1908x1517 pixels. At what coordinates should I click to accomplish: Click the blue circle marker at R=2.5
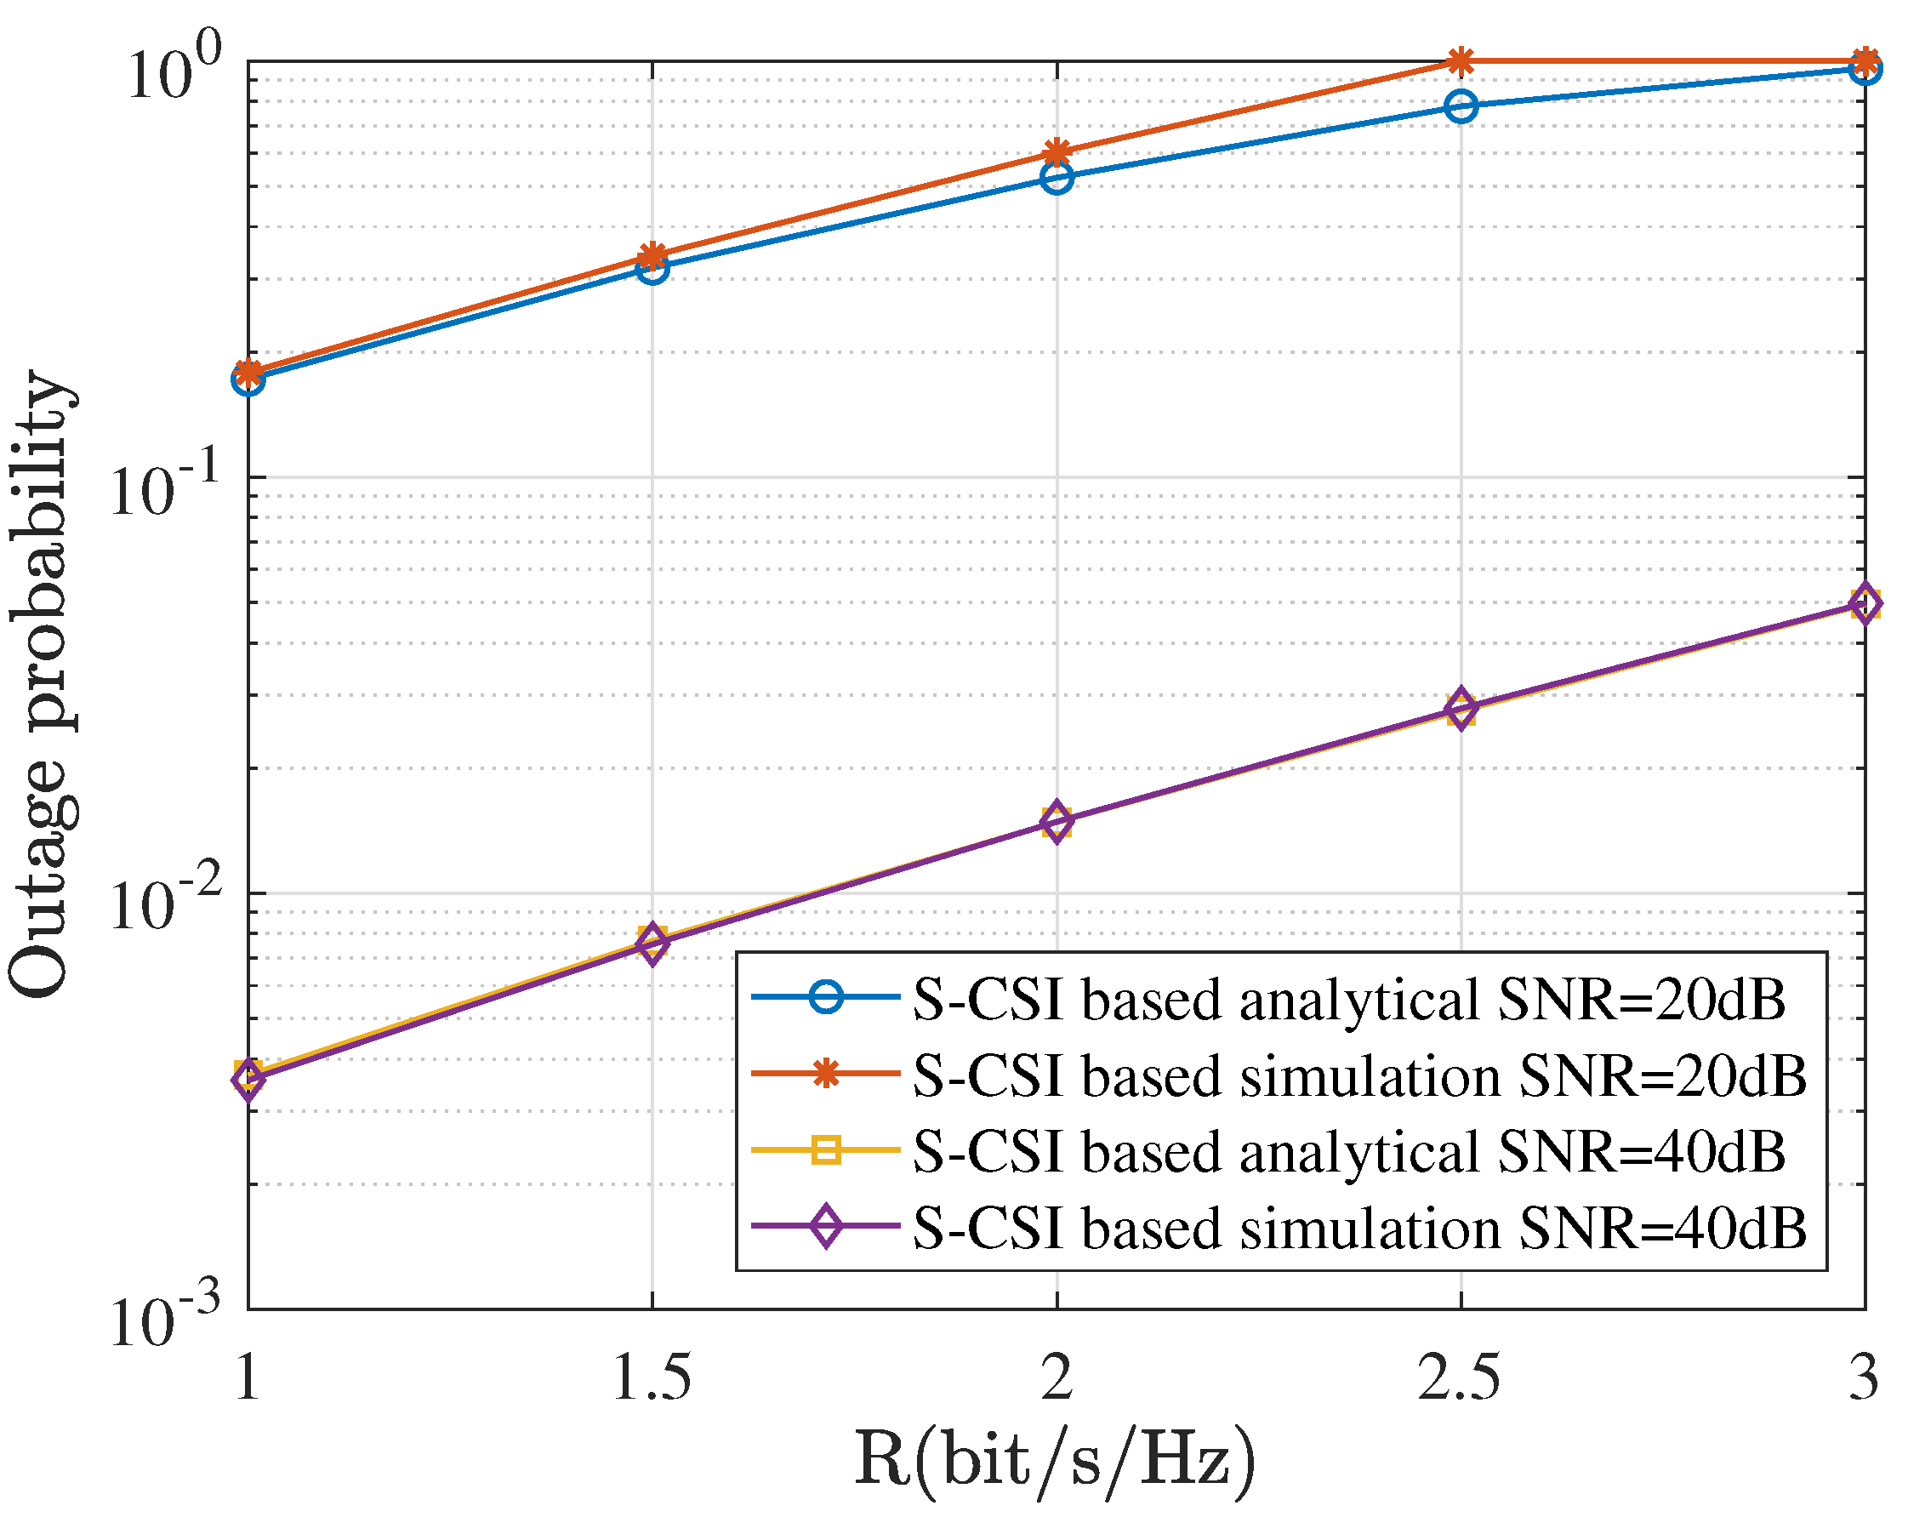[1461, 106]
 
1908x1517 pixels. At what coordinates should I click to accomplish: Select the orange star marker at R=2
[1057, 153]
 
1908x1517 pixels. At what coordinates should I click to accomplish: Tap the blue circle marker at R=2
[1057, 178]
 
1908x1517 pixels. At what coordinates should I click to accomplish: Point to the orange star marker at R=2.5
[1461, 62]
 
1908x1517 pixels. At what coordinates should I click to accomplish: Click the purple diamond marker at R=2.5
[1461, 708]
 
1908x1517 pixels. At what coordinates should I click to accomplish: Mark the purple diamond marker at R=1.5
[652, 944]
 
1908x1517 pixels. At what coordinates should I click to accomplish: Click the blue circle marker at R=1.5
[652, 268]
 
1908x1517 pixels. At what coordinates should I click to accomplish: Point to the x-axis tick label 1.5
[652, 1379]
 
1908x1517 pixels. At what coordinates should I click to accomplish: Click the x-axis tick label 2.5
[1461, 1379]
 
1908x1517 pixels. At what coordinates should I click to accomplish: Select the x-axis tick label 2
[1057, 1379]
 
